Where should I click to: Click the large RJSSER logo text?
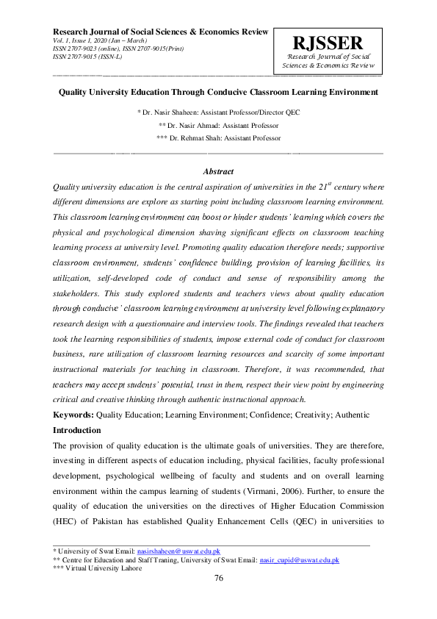(x=327, y=43)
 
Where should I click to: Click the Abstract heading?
(x=218, y=171)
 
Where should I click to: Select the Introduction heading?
(x=77, y=430)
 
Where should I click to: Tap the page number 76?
(x=218, y=579)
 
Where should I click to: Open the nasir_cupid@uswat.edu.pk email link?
(x=299, y=559)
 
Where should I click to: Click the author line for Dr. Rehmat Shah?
(x=218, y=138)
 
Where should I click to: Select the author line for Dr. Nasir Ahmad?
(x=218, y=125)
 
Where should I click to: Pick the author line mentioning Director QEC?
(x=218, y=112)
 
